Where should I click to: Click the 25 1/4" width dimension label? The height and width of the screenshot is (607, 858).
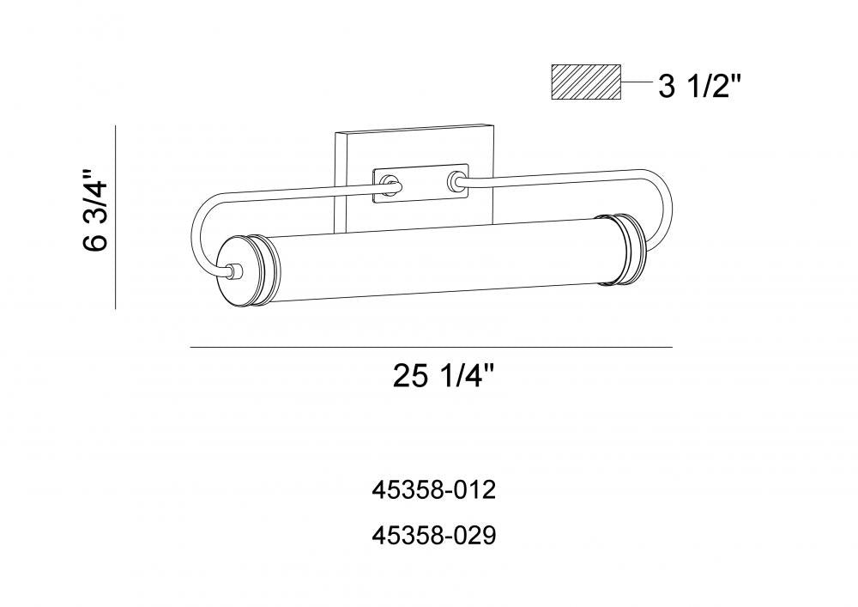[444, 376]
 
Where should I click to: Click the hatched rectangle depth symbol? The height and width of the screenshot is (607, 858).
[585, 82]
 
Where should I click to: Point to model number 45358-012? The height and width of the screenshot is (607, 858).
[434, 490]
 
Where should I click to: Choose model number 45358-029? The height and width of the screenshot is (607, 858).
[434, 536]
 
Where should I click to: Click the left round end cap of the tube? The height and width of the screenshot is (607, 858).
[241, 271]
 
